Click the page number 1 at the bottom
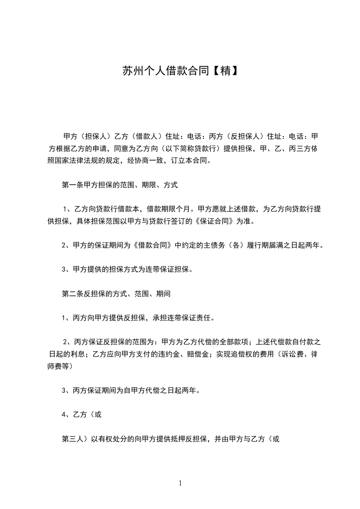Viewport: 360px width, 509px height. (x=180, y=483)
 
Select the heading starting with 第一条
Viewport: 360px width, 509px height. (x=119, y=185)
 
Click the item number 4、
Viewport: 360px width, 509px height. (x=65, y=415)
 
